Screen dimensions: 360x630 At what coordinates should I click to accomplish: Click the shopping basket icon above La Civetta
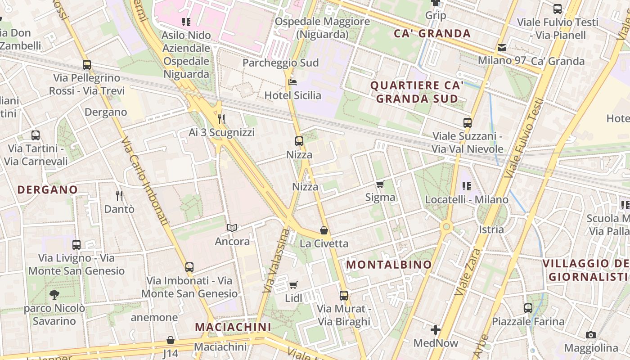click(324, 231)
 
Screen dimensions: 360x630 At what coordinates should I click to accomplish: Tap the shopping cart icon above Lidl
click(293, 285)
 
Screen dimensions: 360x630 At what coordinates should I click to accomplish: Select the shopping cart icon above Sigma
click(380, 184)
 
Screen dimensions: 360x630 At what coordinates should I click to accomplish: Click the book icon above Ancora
click(232, 228)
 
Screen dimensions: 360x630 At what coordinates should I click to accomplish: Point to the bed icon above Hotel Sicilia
click(292, 82)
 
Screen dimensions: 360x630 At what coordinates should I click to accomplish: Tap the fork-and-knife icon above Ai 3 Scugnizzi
click(221, 119)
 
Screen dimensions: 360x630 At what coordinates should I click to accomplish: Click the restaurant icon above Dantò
click(119, 195)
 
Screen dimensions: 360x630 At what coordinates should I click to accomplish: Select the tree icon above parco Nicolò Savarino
click(54, 295)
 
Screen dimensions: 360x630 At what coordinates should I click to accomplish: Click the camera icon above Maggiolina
click(591, 335)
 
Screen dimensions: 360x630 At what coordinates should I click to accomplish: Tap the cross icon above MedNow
click(436, 330)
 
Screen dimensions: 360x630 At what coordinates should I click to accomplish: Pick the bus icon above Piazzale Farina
click(528, 308)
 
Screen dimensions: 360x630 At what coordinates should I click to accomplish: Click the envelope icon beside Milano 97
click(502, 47)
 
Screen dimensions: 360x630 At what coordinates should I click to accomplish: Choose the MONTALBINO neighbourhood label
click(389, 265)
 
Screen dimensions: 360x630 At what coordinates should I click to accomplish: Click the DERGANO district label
click(48, 190)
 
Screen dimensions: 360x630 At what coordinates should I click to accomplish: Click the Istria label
click(491, 229)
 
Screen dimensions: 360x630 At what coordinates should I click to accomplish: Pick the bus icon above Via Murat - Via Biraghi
click(344, 296)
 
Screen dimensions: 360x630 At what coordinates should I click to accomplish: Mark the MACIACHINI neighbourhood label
click(233, 327)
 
